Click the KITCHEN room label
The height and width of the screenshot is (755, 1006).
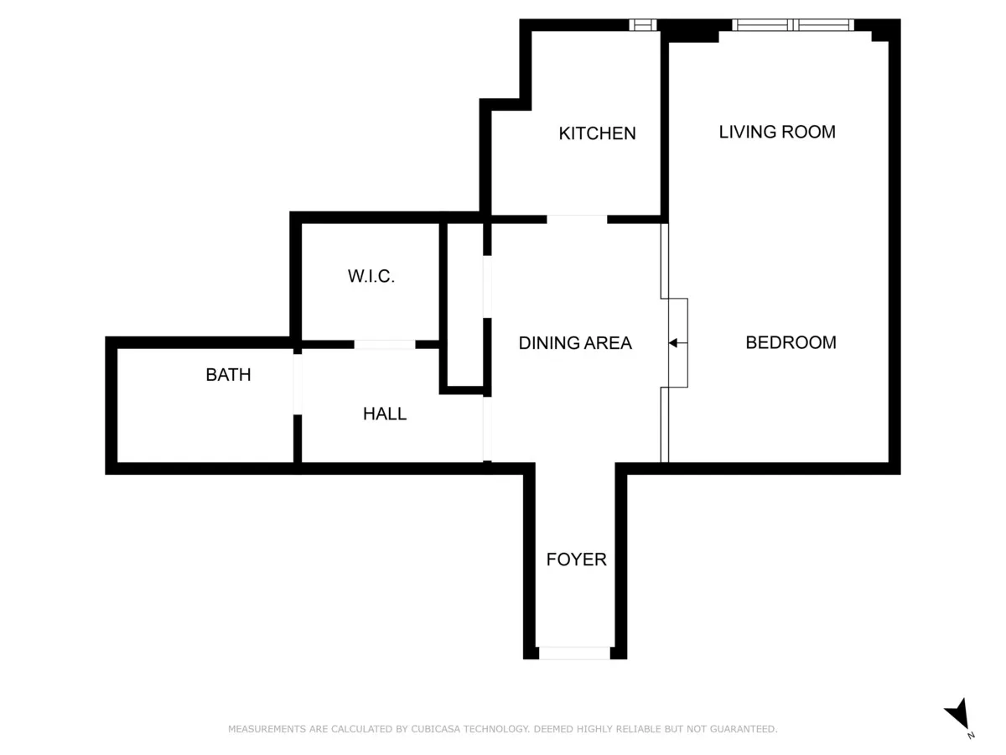(597, 133)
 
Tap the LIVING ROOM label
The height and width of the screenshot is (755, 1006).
(777, 132)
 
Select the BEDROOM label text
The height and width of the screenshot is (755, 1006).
(791, 342)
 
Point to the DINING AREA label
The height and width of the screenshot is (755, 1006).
(575, 343)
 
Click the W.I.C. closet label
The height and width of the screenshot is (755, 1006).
(371, 276)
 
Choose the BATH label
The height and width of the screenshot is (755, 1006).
(228, 375)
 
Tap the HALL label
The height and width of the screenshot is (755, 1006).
(385, 414)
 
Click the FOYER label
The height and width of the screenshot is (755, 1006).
(576, 560)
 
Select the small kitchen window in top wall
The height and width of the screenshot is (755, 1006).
(643, 25)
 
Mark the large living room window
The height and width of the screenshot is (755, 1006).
(793, 25)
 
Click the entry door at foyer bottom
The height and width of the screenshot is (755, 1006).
(574, 653)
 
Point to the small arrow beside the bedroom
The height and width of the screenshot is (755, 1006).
(673, 343)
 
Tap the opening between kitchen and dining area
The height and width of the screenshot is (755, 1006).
(577, 220)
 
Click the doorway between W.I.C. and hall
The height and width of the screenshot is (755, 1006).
(385, 344)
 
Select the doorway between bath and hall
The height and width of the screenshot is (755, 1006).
(297, 384)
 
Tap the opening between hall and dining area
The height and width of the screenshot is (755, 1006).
(487, 428)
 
